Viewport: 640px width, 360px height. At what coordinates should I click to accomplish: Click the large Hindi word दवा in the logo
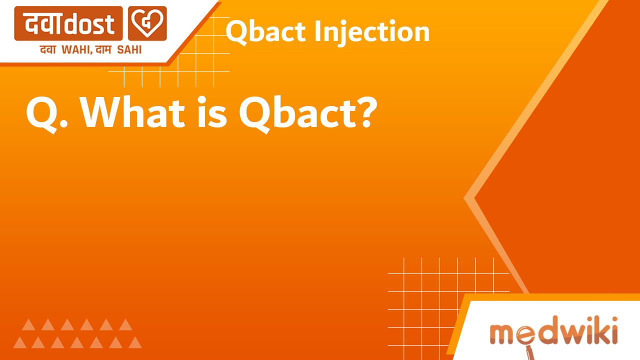43,23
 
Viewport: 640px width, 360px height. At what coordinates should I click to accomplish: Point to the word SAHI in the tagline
129,49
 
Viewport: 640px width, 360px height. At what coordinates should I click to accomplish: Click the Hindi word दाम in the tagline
107,49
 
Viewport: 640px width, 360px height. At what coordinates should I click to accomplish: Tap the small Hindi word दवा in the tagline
49,49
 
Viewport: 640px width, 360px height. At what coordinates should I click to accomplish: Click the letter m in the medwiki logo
502,333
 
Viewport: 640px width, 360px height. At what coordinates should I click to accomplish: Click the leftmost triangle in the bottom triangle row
20,342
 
